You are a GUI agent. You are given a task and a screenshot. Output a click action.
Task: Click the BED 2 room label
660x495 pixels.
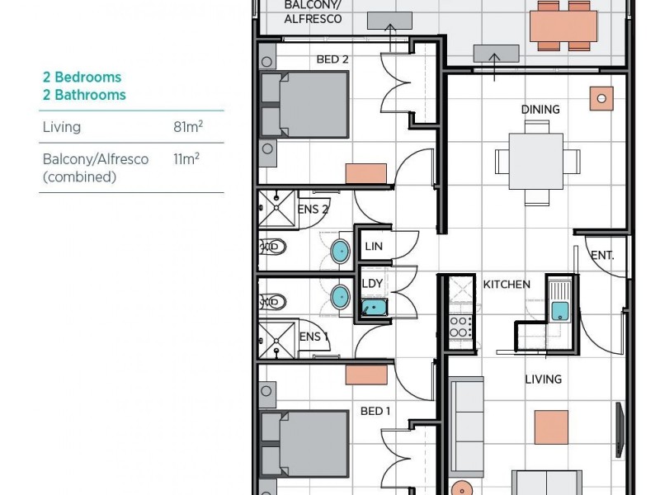click(332, 59)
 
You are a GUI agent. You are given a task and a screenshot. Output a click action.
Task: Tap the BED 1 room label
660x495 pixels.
click(375, 411)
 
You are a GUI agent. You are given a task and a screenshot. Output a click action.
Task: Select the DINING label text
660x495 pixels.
click(540, 109)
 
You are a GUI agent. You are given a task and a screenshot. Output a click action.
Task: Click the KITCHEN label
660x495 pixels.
click(507, 284)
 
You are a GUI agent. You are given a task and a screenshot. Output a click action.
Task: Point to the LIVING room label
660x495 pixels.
click(543, 379)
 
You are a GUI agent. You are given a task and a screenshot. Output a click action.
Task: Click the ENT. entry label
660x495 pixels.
click(602, 256)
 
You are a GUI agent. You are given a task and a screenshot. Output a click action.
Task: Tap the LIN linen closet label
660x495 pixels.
click(373, 246)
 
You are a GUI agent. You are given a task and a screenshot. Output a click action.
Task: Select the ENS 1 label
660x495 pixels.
click(313, 337)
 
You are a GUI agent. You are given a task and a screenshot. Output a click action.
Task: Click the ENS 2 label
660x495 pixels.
click(313, 210)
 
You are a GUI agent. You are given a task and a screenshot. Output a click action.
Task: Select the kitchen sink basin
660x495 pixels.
click(559, 311)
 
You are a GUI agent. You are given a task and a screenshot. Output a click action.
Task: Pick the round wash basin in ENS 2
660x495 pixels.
click(339, 251)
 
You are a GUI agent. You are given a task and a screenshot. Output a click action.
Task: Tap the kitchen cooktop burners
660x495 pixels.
click(460, 327)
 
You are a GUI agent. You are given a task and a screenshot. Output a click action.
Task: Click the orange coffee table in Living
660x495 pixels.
click(550, 427)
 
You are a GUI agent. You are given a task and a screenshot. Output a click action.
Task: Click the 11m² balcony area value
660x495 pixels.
click(186, 158)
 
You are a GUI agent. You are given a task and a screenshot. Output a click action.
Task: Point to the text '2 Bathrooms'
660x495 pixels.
click(84, 95)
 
